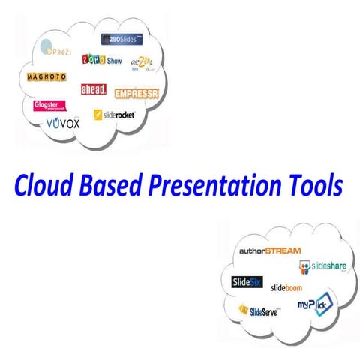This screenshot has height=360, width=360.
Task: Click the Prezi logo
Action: click(x=57, y=52)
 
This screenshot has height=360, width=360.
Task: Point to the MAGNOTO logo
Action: click(x=46, y=77)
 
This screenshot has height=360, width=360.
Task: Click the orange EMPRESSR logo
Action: click(x=137, y=94)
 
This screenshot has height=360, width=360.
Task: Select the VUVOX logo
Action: click(x=61, y=122)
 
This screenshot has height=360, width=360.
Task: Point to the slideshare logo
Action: click(x=324, y=265)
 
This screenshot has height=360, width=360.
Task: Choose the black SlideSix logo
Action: click(x=246, y=282)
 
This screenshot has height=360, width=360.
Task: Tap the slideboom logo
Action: click(x=288, y=286)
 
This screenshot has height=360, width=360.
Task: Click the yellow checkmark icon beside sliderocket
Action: click(x=98, y=115)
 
